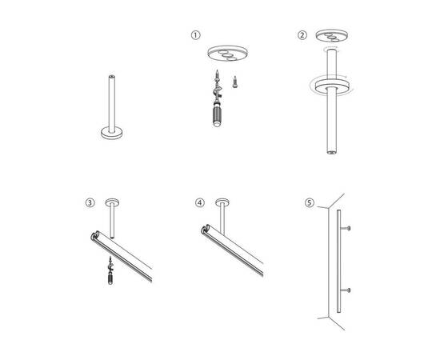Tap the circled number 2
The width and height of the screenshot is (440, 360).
pos(302,35)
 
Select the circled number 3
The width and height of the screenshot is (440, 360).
pos(89,202)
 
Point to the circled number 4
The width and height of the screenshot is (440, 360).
pos(199,202)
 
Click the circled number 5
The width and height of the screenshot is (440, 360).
pos(310,202)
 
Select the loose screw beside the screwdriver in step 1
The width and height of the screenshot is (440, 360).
pos(236,80)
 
